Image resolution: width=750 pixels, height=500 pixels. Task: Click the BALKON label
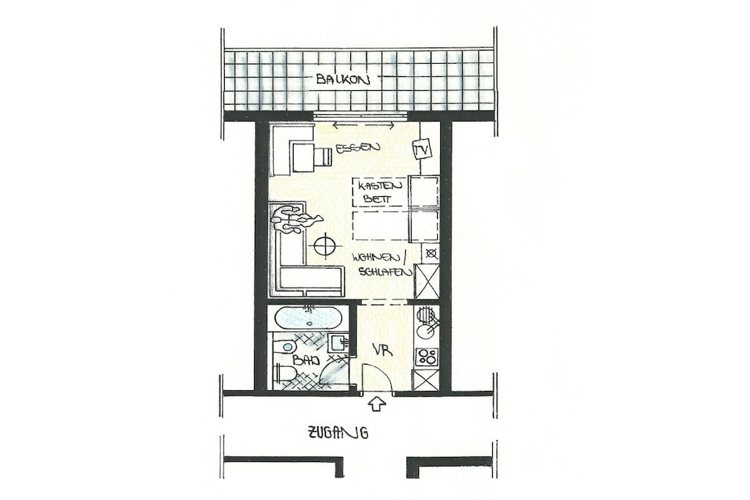(343, 79)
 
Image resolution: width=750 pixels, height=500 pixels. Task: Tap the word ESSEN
(357, 148)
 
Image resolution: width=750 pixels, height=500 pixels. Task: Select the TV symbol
(422, 149)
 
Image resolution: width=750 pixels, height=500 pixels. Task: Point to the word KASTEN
(374, 185)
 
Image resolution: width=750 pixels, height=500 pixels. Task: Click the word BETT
(376, 199)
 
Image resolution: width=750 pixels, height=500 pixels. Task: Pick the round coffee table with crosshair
(325, 245)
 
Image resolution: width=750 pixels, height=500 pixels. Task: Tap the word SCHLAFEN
(385, 272)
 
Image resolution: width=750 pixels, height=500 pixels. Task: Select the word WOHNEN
(378, 258)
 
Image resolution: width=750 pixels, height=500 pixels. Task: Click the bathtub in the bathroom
(308, 317)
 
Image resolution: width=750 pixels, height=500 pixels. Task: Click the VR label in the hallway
(384, 351)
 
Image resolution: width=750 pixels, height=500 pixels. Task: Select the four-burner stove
(426, 356)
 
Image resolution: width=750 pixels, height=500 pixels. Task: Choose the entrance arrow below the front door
(377, 404)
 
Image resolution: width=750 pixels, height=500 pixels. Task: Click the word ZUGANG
(338, 433)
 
